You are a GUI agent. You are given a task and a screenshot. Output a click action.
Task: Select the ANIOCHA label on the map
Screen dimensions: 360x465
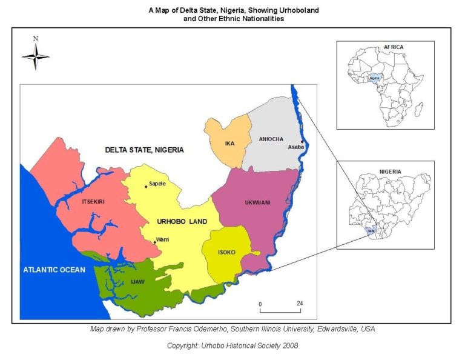click(x=271, y=139)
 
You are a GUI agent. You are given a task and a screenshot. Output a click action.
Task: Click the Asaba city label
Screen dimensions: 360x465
click(x=295, y=147)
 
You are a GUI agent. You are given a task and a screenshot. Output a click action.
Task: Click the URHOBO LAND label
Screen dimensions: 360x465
click(x=182, y=221)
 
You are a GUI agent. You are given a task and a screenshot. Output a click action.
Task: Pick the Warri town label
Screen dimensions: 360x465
click(x=162, y=239)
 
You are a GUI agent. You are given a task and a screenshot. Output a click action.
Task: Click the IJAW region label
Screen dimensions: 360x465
click(x=137, y=281)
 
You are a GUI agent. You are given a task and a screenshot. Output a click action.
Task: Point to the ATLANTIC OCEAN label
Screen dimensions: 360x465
click(x=55, y=270)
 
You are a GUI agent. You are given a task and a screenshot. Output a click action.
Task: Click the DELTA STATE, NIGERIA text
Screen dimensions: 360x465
click(x=144, y=150)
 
